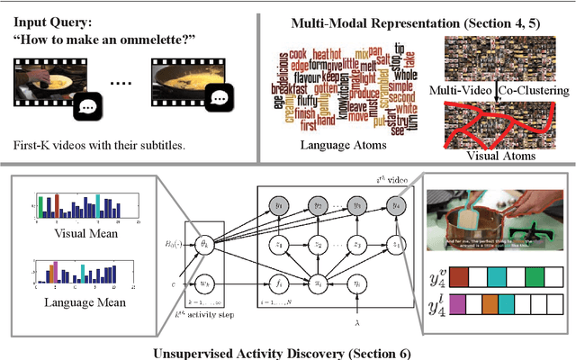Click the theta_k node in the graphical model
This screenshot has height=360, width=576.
(x=203, y=243)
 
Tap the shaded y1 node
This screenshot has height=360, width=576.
(x=277, y=206)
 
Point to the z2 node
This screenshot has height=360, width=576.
(x=317, y=243)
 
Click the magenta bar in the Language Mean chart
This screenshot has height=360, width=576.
(x=53, y=269)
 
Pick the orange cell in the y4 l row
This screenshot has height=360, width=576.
(x=489, y=303)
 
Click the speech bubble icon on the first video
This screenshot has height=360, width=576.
(x=86, y=106)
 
